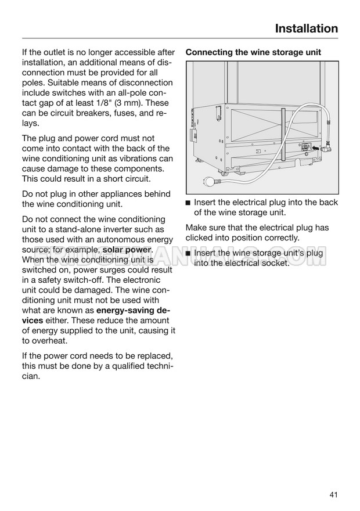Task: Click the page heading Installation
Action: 306,28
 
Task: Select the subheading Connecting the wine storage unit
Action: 253,52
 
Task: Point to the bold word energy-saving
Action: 127,310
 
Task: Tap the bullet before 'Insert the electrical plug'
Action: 188,203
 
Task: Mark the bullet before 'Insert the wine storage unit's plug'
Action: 188,254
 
